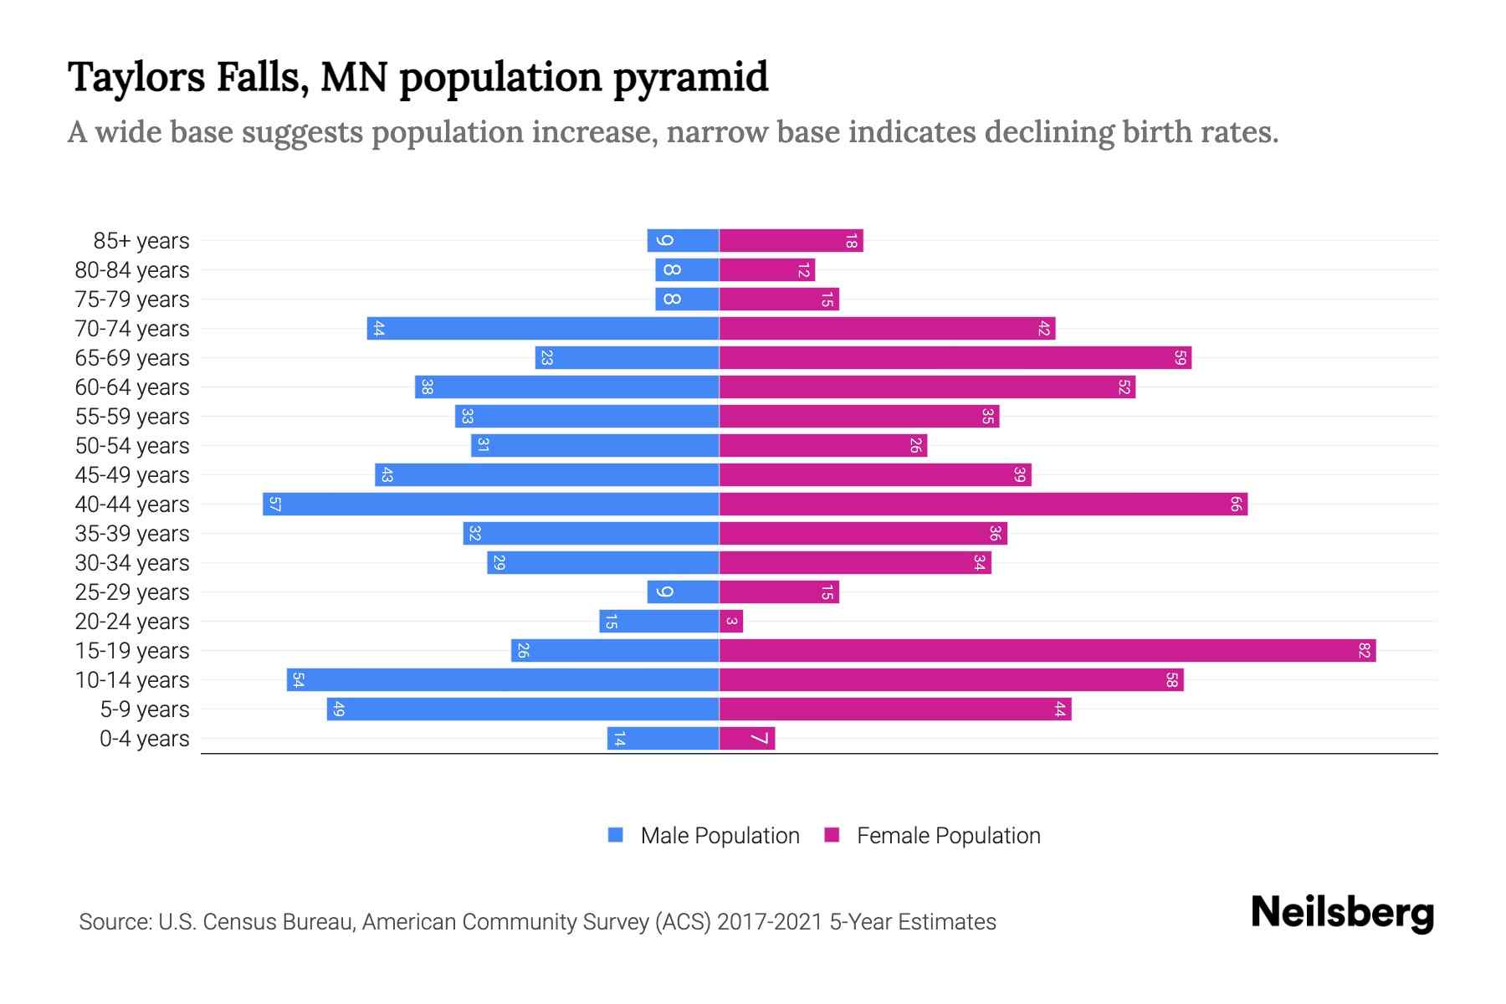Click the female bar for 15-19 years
[x=1048, y=650]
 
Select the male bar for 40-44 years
[x=491, y=504]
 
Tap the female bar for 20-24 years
[x=731, y=621]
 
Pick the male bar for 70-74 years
[x=543, y=328]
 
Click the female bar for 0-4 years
[x=747, y=738]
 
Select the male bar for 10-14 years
[x=503, y=679]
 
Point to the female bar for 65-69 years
[x=955, y=357]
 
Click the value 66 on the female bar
[x=1236, y=504]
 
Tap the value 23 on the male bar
[x=546, y=357]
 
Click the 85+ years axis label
[x=141, y=241]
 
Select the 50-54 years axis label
[x=132, y=446]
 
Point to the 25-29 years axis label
[x=132, y=592]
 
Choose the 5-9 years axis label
[x=145, y=709]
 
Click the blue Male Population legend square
[x=616, y=835]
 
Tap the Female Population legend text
[x=948, y=835]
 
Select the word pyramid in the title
[x=690, y=78]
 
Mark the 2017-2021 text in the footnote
[x=770, y=922]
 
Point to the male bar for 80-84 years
[x=687, y=269]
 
